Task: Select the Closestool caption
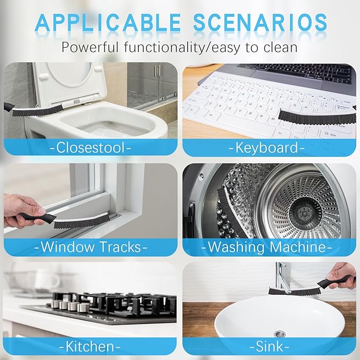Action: [x=90, y=147]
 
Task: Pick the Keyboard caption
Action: [x=269, y=147]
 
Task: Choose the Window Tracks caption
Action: [x=90, y=247]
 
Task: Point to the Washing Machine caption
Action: [x=269, y=247]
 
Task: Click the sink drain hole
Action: [x=280, y=333]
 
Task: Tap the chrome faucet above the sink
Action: [x=279, y=281]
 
